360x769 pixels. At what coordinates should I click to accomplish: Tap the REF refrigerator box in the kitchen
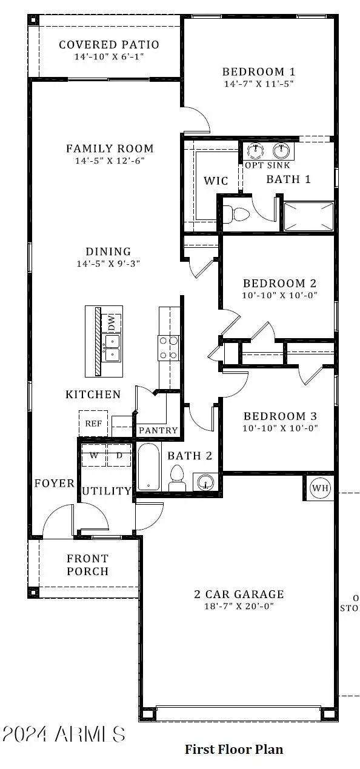point(93,424)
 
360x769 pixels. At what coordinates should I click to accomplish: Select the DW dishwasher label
point(112,324)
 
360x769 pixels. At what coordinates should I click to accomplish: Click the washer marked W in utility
point(94,455)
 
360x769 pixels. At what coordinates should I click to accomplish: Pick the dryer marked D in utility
point(119,455)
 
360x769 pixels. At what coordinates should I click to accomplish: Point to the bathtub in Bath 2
point(148,467)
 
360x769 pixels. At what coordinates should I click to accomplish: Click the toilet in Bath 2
point(177,478)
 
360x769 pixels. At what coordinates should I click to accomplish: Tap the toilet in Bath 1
point(236,214)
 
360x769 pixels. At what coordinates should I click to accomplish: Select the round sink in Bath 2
point(206,482)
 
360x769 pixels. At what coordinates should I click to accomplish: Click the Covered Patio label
point(109,45)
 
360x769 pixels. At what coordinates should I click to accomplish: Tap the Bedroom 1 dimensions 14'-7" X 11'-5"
point(258,84)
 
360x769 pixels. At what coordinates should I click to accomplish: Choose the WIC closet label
point(215,181)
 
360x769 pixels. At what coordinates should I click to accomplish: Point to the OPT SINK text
point(267,165)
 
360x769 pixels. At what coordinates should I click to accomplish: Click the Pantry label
point(158,430)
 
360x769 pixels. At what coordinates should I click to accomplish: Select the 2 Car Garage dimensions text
point(239,606)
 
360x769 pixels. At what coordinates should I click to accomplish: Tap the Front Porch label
point(88,565)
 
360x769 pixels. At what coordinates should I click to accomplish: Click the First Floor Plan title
point(234,750)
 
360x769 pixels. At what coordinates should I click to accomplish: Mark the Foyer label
point(54,483)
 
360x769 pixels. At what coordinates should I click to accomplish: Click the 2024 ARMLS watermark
point(64,734)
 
